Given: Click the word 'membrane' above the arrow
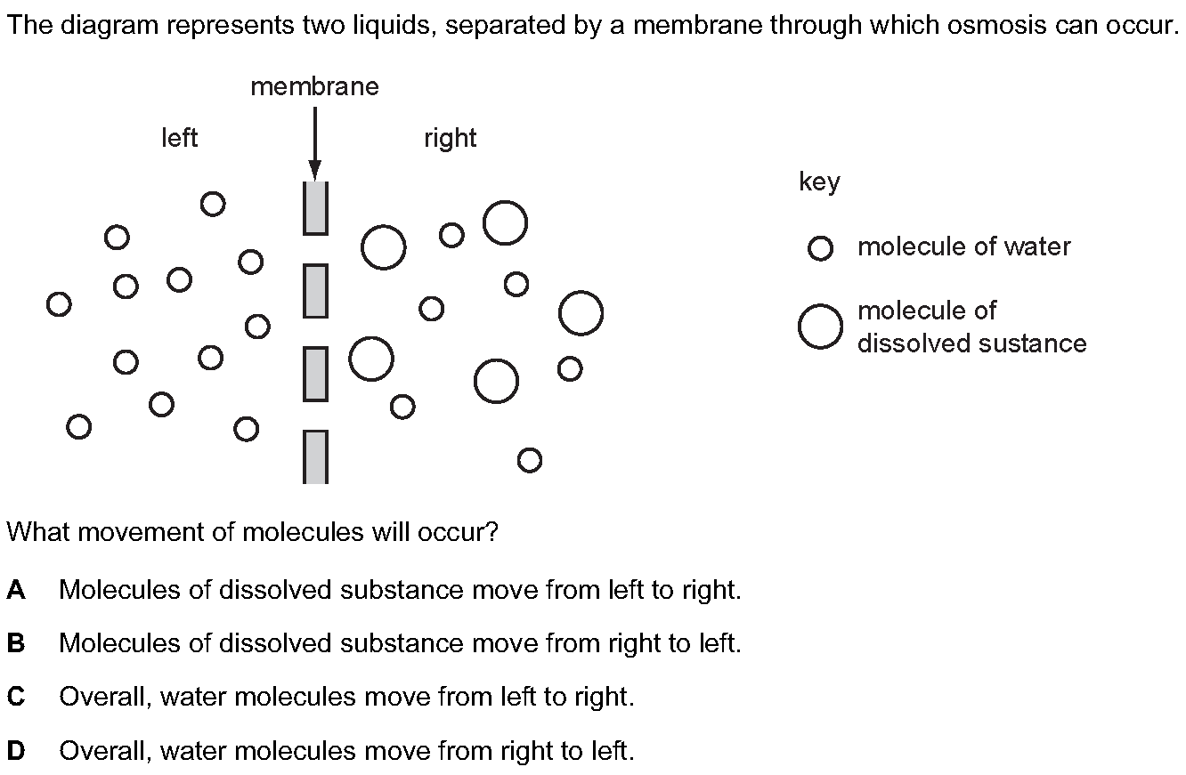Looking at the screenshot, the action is pyautogui.click(x=314, y=87).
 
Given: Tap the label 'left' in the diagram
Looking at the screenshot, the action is pyautogui.click(x=180, y=138).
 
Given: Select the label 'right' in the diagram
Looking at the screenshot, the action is pyautogui.click(x=450, y=139).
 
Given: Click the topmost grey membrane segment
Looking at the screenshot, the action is pyautogui.click(x=315, y=208).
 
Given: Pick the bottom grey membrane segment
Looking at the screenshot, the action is pyautogui.click(x=315, y=457).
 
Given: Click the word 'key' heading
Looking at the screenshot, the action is pyautogui.click(x=819, y=183).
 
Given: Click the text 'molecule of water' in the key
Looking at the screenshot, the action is pyautogui.click(x=963, y=247).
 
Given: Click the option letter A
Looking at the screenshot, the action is pyautogui.click(x=16, y=590).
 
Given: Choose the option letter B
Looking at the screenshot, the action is pyautogui.click(x=16, y=643).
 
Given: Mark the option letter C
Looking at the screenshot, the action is pyautogui.click(x=16, y=697).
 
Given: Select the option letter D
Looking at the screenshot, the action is pyautogui.click(x=16, y=751).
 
